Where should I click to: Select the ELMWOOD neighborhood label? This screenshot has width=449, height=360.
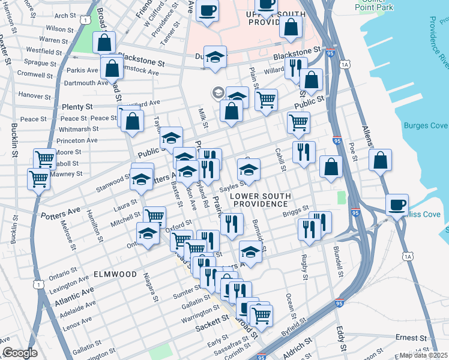pos(115,274)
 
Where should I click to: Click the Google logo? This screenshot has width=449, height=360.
pos(19,353)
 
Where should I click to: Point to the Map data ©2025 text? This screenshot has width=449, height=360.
pos(424,355)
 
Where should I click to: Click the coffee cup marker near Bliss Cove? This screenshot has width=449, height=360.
pos(397,205)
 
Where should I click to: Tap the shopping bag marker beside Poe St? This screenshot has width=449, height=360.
pos(380,160)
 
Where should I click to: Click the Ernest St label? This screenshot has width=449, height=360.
pos(411,338)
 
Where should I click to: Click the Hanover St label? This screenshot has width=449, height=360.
pos(35,95)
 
